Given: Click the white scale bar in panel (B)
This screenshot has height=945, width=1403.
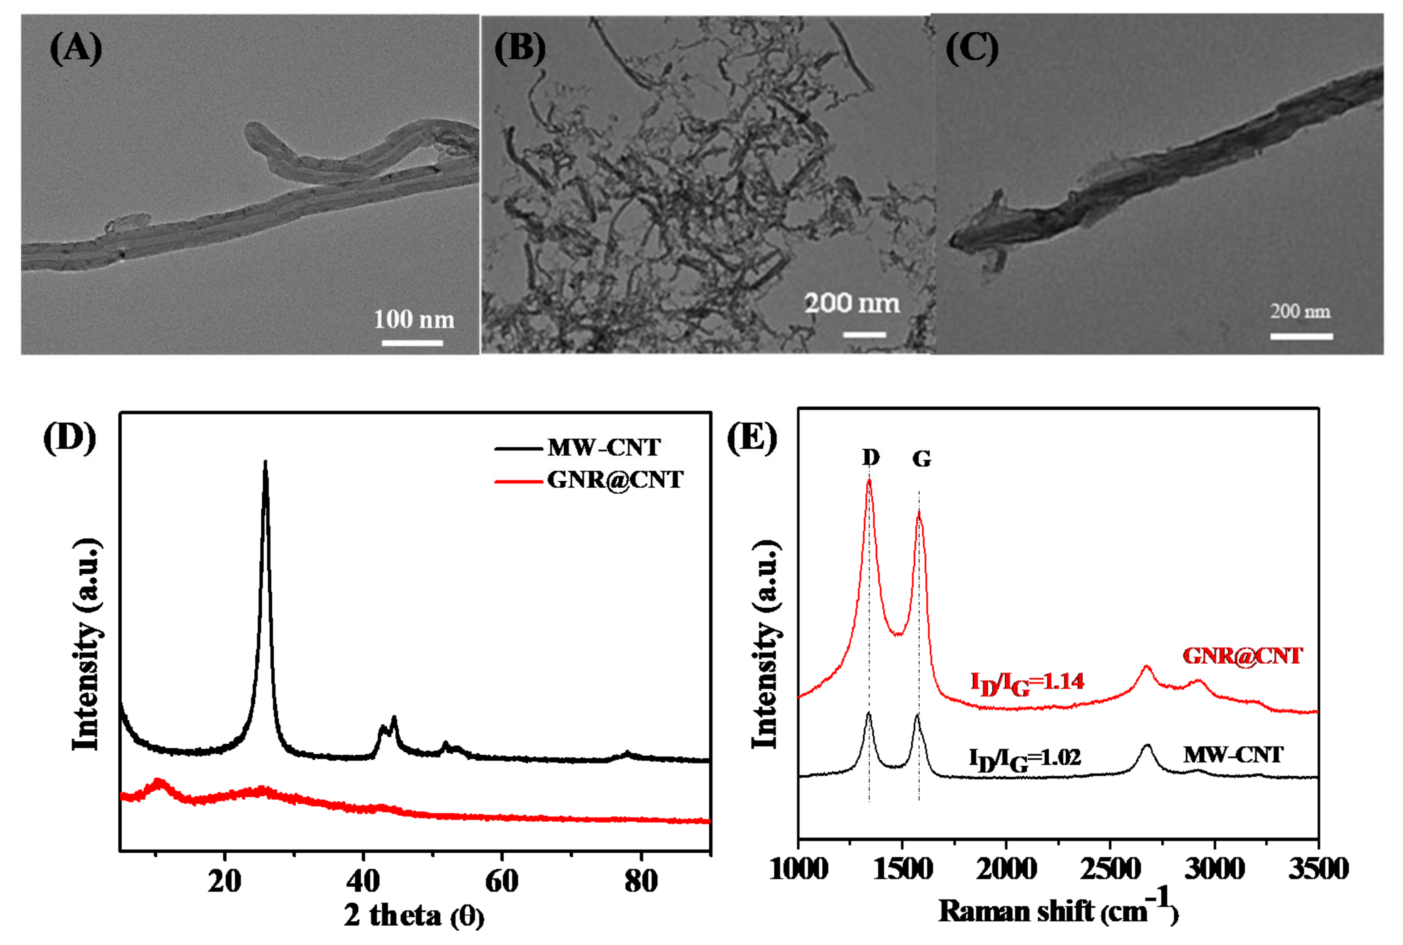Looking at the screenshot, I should coord(864,334).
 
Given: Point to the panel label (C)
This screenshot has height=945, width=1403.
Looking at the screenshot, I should coord(972,48).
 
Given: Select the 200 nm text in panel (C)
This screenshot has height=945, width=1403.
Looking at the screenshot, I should coord(1301,311).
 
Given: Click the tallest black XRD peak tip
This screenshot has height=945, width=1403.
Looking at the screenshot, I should coord(265,462).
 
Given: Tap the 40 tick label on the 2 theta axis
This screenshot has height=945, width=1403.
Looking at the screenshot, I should coord(363,882).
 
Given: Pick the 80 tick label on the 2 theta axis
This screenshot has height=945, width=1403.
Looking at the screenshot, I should coord(640,882).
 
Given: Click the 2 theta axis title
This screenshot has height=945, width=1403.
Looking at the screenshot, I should coord(414,915).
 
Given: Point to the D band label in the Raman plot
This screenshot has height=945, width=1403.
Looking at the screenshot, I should coord(870,457).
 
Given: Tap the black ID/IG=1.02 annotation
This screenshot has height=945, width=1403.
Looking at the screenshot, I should coord(1024,758).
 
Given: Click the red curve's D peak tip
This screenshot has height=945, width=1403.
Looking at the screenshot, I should coord(869,481).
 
